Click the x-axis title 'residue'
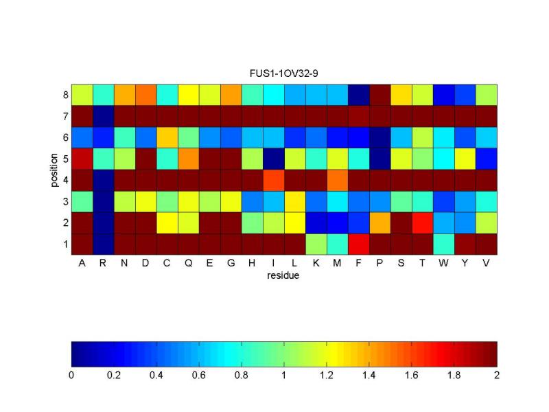coord(283,277)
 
